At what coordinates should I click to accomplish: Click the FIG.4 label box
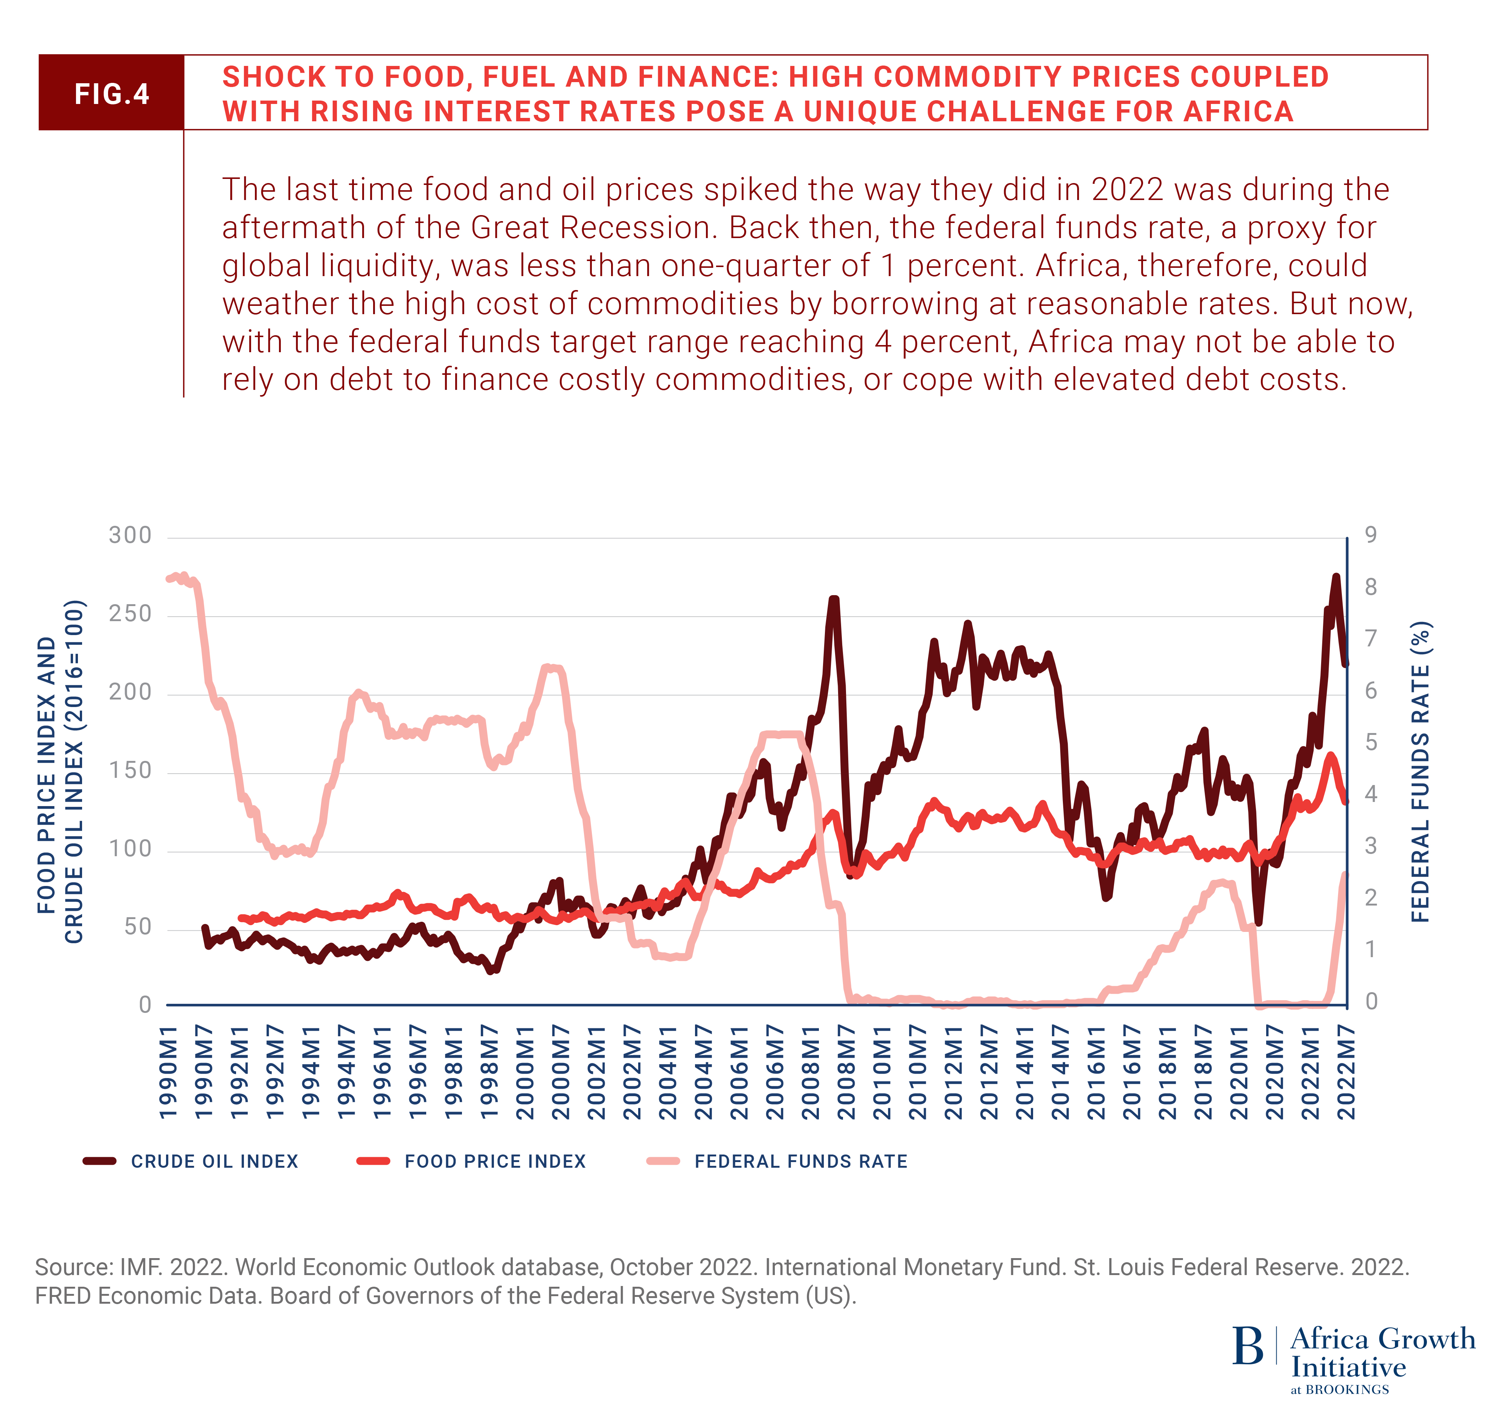[x=111, y=93]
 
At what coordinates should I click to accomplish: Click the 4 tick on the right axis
[x=1370, y=794]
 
